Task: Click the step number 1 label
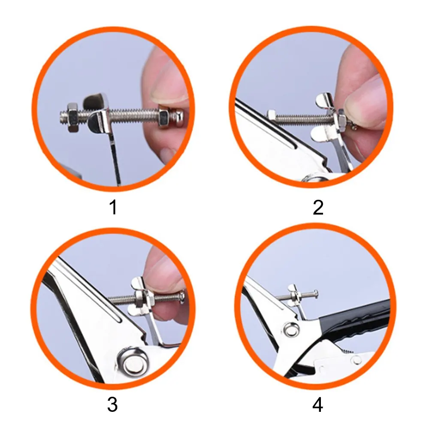point(113,207)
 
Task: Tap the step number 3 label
point(112,405)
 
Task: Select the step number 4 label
point(317,405)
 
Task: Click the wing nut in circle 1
point(98,112)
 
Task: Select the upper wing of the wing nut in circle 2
point(324,100)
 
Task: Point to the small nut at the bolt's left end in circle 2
point(272,115)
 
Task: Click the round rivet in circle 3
point(133,362)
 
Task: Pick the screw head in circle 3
point(182,297)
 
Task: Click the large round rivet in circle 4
point(291,329)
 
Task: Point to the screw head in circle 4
point(316,294)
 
